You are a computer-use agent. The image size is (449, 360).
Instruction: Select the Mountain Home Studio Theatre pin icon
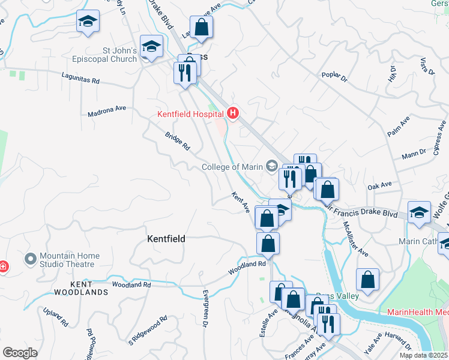(30, 260)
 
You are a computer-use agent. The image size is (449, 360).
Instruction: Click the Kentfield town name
(166, 239)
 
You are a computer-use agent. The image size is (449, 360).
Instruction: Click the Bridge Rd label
(178, 141)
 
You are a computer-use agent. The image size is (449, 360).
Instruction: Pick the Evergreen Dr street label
(205, 308)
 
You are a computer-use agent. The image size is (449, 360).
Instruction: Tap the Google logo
(20, 353)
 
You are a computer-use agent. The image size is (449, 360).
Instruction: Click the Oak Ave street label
(379, 187)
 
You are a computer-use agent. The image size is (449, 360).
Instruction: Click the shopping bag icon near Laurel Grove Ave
(202, 27)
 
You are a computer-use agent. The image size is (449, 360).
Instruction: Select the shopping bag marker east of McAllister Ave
(367, 280)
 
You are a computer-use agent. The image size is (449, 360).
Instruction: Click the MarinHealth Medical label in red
(417, 313)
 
